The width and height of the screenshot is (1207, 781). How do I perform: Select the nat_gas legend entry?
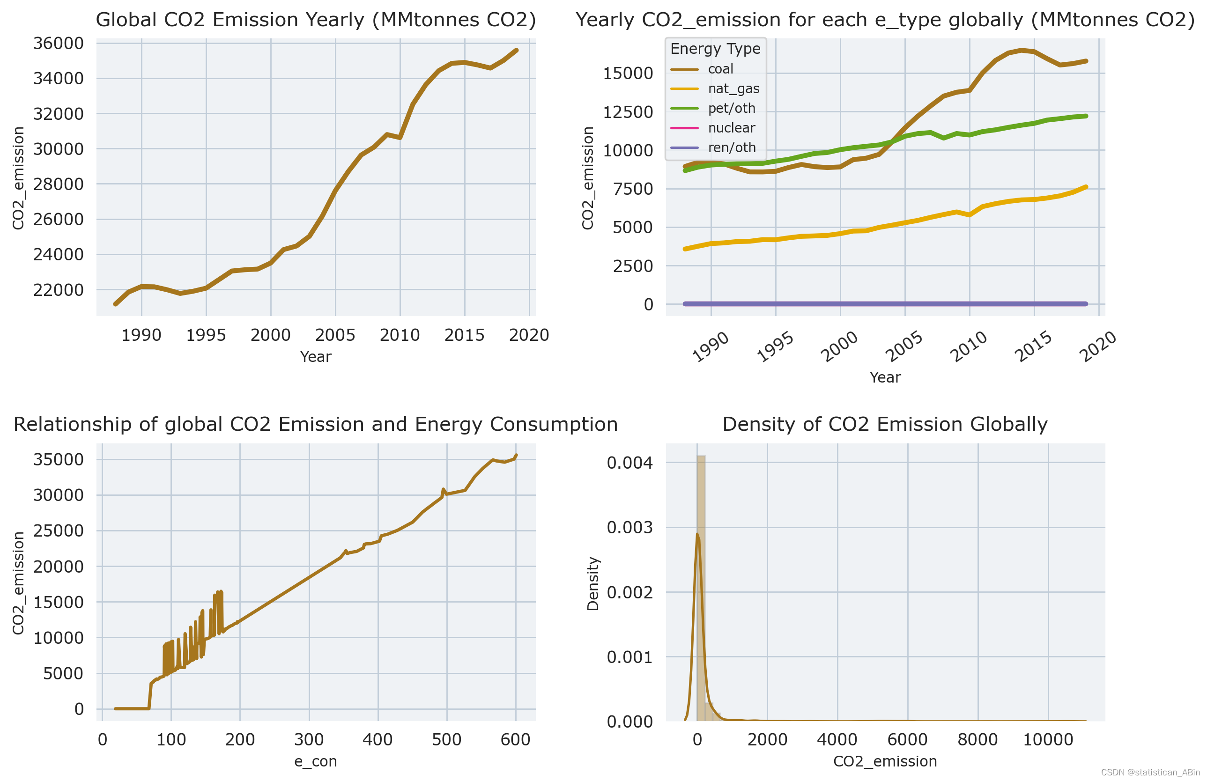pyautogui.click(x=733, y=89)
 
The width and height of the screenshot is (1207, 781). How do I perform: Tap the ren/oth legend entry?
pyautogui.click(x=731, y=147)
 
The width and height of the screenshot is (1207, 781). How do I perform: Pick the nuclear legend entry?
pyautogui.click(x=731, y=128)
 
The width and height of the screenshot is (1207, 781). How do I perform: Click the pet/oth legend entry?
pyautogui.click(x=731, y=109)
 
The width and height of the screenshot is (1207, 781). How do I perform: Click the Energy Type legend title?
pyautogui.click(x=715, y=49)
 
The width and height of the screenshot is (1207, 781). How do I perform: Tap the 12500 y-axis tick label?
pyautogui.click(x=628, y=112)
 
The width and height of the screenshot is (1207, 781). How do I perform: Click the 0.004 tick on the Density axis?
pyautogui.click(x=629, y=463)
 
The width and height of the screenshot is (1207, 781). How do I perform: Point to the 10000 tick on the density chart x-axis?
pyautogui.click(x=1048, y=740)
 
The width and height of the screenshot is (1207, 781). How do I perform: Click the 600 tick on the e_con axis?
pyautogui.click(x=515, y=740)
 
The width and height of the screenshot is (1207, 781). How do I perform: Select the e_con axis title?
pyautogui.click(x=315, y=762)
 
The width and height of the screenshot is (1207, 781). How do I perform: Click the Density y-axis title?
pyautogui.click(x=593, y=583)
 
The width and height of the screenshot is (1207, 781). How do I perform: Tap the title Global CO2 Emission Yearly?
pyautogui.click(x=315, y=20)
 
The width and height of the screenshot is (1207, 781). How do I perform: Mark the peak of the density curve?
pyautogui.click(x=697, y=534)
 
